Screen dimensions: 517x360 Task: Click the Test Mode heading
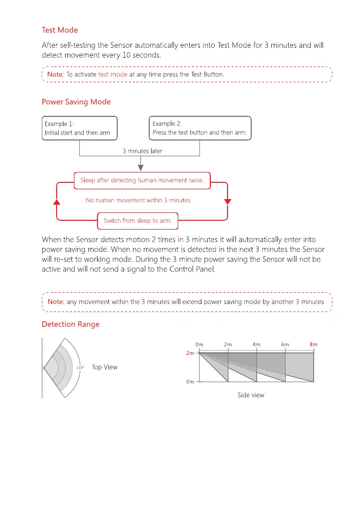60,31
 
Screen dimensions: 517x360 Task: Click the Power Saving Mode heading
76,102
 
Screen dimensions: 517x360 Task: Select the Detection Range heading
70,324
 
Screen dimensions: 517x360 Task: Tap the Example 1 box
80,128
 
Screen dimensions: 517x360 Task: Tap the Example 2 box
200,128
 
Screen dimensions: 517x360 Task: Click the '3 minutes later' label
142,151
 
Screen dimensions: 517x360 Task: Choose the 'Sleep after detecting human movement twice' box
142,180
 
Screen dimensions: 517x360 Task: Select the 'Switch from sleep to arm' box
137,221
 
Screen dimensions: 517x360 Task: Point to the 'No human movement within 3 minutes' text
138,201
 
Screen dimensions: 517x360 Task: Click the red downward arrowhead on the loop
227,202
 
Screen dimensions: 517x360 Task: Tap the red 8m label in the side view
313,345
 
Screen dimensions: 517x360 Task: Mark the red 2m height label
189,353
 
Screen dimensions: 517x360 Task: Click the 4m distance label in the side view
257,345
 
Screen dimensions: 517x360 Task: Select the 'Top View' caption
104,367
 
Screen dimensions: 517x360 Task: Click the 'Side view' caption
251,395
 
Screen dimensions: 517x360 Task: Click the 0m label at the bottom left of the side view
190,382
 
